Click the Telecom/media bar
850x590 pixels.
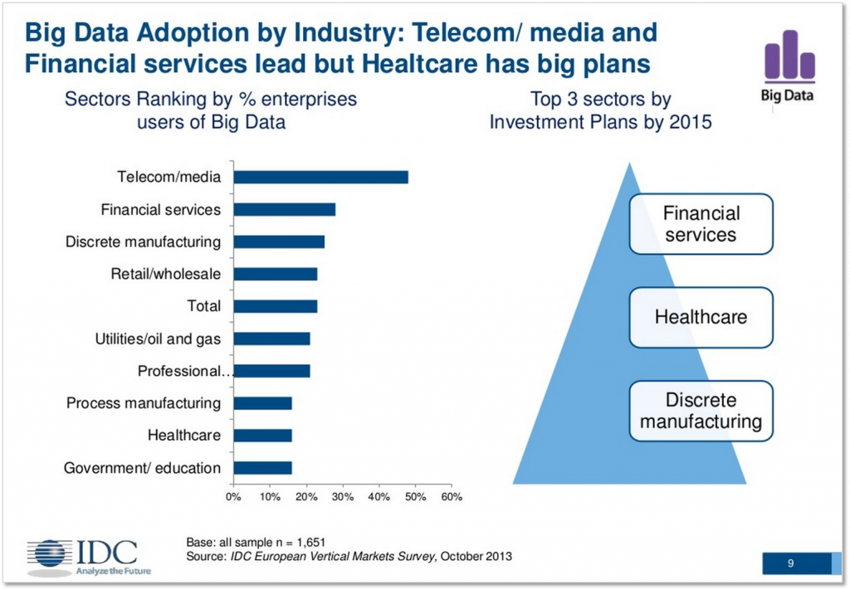tap(320, 177)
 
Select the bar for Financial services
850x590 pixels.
tap(284, 209)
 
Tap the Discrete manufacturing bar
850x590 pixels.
tap(279, 241)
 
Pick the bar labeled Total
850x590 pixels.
tap(275, 306)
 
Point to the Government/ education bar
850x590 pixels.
tap(262, 468)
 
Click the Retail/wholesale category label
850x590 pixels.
tap(166, 274)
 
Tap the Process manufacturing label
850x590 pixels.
tap(144, 403)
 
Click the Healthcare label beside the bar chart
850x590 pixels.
tap(184, 436)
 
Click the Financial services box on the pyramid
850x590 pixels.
tap(701, 224)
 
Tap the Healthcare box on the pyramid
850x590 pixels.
tap(701, 317)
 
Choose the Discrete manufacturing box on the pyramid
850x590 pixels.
tap(701, 411)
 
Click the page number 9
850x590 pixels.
tap(790, 564)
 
